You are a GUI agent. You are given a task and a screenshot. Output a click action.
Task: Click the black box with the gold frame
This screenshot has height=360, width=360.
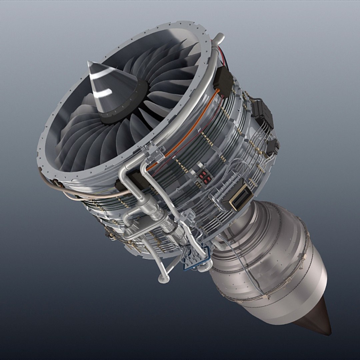coord(241,197)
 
